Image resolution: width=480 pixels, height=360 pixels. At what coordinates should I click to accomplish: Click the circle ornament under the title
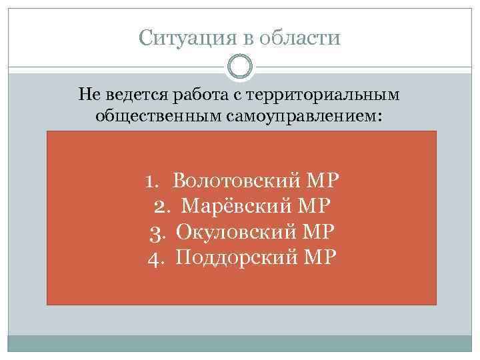point(240,66)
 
